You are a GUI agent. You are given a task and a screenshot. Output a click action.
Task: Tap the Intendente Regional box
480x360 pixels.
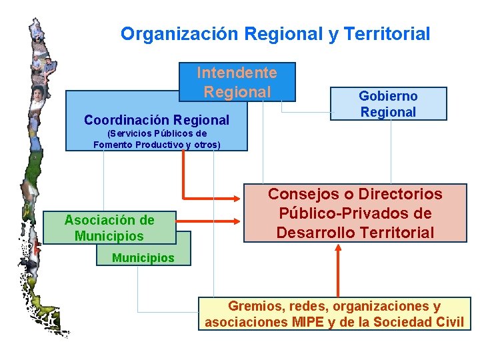237,82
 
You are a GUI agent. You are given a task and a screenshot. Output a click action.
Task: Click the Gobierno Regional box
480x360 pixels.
388,104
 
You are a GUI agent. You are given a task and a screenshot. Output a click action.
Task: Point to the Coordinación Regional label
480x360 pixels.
157,120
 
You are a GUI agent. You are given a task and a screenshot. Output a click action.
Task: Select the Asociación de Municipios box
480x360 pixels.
109,228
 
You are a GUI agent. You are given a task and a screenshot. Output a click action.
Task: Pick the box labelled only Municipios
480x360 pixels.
143,257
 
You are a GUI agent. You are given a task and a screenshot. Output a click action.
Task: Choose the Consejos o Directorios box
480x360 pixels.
355,213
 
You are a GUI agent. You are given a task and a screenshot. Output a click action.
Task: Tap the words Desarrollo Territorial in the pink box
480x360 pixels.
355,233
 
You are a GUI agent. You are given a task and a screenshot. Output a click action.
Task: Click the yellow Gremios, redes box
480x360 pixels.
334,314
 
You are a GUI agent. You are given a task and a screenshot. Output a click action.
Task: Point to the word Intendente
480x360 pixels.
237,72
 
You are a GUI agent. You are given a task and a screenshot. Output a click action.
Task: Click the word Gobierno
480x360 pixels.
388,97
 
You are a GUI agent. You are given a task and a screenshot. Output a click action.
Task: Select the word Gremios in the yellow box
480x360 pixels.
253,306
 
